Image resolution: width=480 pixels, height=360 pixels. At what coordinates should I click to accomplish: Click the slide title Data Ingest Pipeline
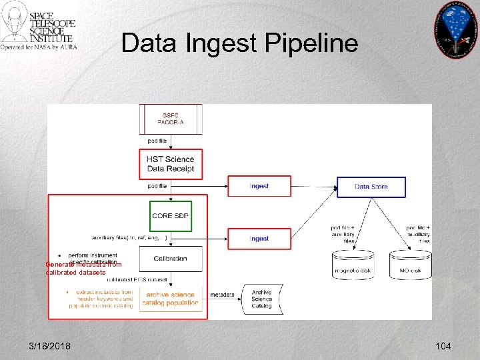click(239, 43)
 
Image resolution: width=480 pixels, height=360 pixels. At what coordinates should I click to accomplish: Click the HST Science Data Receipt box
click(171, 164)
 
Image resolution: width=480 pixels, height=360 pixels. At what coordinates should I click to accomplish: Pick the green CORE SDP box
click(171, 216)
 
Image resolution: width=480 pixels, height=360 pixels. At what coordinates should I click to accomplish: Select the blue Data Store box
click(371, 187)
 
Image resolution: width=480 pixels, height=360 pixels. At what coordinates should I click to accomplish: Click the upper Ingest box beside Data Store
click(259, 186)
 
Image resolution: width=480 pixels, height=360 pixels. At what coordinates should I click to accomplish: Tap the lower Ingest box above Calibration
click(259, 239)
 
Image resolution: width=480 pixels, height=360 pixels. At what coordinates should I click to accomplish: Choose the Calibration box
click(171, 259)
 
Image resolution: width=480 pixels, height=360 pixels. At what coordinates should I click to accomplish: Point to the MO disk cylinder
click(410, 265)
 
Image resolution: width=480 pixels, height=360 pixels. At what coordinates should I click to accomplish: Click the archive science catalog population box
click(171, 299)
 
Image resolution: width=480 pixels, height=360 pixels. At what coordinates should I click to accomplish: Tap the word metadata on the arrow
click(222, 295)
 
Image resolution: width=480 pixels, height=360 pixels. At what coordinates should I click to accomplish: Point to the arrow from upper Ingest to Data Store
click(314, 186)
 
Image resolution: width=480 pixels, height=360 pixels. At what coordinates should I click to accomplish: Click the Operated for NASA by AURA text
click(39, 47)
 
